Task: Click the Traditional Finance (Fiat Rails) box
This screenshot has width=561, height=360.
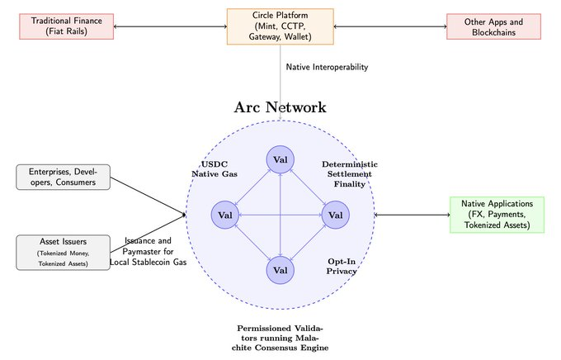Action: point(65,26)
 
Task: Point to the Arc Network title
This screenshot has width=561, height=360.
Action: point(280,108)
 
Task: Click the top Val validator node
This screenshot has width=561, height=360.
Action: point(280,159)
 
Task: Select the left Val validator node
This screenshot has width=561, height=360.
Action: point(226,215)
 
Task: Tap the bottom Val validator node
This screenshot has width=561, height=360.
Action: point(280,269)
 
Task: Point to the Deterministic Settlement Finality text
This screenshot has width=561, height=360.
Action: point(348,174)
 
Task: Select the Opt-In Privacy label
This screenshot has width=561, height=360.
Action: point(342,265)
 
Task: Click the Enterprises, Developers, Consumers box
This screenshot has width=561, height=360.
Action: point(64,177)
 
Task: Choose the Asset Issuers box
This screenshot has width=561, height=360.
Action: point(64,252)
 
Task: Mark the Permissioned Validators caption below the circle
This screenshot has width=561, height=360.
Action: point(280,339)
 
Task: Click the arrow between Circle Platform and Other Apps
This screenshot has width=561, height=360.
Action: point(390,26)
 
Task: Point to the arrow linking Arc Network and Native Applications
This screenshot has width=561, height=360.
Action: point(412,215)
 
